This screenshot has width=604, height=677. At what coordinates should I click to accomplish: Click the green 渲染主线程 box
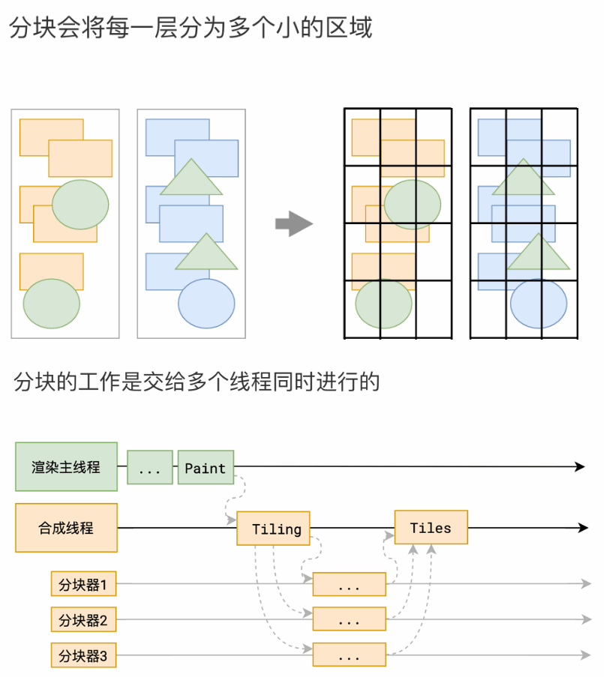(66, 466)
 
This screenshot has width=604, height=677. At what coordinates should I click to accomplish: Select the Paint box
(206, 468)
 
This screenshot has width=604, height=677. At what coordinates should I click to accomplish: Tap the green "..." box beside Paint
(150, 468)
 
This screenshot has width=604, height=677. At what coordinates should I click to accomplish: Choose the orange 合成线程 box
(66, 528)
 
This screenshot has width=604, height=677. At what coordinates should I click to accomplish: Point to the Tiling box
(273, 529)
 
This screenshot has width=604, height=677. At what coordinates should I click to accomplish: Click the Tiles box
(431, 528)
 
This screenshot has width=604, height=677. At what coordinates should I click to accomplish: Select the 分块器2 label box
(83, 620)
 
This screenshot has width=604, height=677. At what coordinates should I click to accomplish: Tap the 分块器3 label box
(83, 656)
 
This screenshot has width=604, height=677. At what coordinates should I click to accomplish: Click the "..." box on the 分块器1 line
(349, 585)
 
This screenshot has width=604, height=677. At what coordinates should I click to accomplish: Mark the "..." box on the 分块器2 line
(349, 620)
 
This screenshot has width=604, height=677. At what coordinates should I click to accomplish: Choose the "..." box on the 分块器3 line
(349, 656)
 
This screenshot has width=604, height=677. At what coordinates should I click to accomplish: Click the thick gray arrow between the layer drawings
(293, 223)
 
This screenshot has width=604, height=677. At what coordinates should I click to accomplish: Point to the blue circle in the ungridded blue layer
(206, 303)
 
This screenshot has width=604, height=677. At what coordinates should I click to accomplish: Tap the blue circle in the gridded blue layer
(539, 303)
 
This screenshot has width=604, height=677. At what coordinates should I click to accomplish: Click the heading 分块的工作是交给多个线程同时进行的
(197, 382)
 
